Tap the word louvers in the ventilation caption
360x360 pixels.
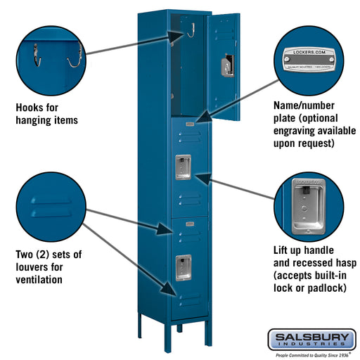(x=34, y=266)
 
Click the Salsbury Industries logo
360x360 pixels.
(x=310, y=340)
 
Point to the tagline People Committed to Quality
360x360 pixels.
(x=310, y=354)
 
